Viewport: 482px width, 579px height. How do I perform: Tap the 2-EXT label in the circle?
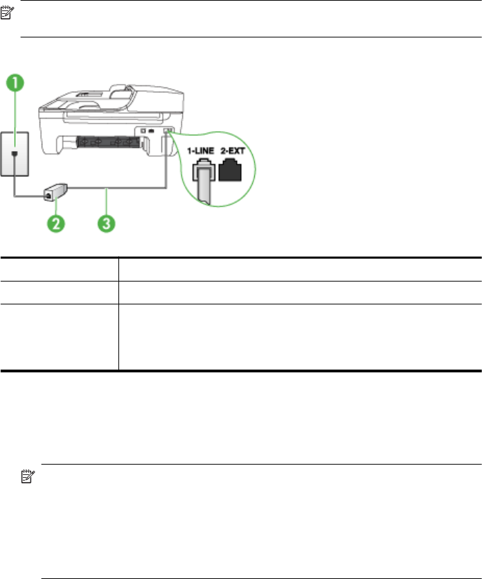233,148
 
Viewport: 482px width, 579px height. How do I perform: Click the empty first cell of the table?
60,269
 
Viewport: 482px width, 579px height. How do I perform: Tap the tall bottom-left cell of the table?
60,336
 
